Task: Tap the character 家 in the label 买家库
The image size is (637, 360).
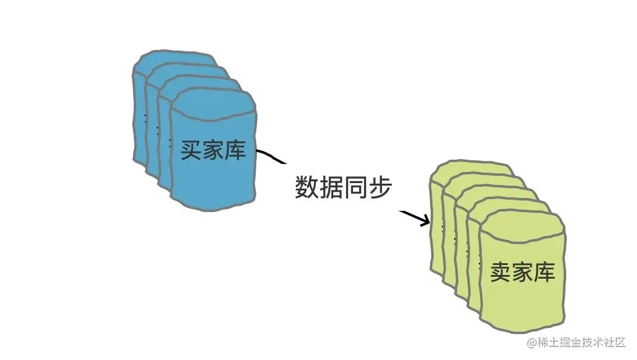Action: coord(213,150)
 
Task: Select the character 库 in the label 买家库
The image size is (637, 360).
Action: coord(235,150)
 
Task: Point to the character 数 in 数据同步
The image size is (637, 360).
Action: coord(306,187)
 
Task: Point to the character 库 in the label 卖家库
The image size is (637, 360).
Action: coord(545,272)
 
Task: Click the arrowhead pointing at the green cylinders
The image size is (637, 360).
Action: coord(425,220)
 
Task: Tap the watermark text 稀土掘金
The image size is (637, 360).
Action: coord(556,342)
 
